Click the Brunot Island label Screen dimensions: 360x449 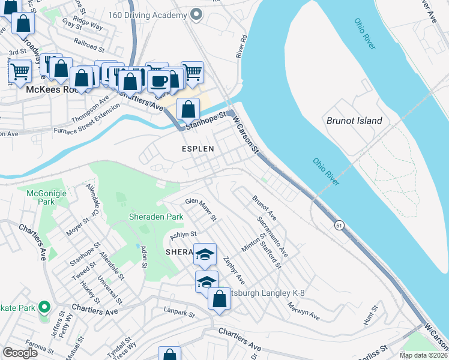[x=354, y=121]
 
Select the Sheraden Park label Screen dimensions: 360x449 [x=155, y=216]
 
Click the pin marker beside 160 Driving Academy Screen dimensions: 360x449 [x=195, y=14]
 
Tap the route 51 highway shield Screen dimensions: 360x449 [x=339, y=224]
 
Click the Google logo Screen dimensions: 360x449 [x=20, y=353]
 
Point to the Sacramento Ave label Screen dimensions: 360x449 [x=272, y=237]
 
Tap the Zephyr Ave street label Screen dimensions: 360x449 [x=234, y=271]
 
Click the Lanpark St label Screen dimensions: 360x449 [x=179, y=313]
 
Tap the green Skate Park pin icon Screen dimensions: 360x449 [x=43, y=308]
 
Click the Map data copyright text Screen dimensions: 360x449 [x=423, y=355]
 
